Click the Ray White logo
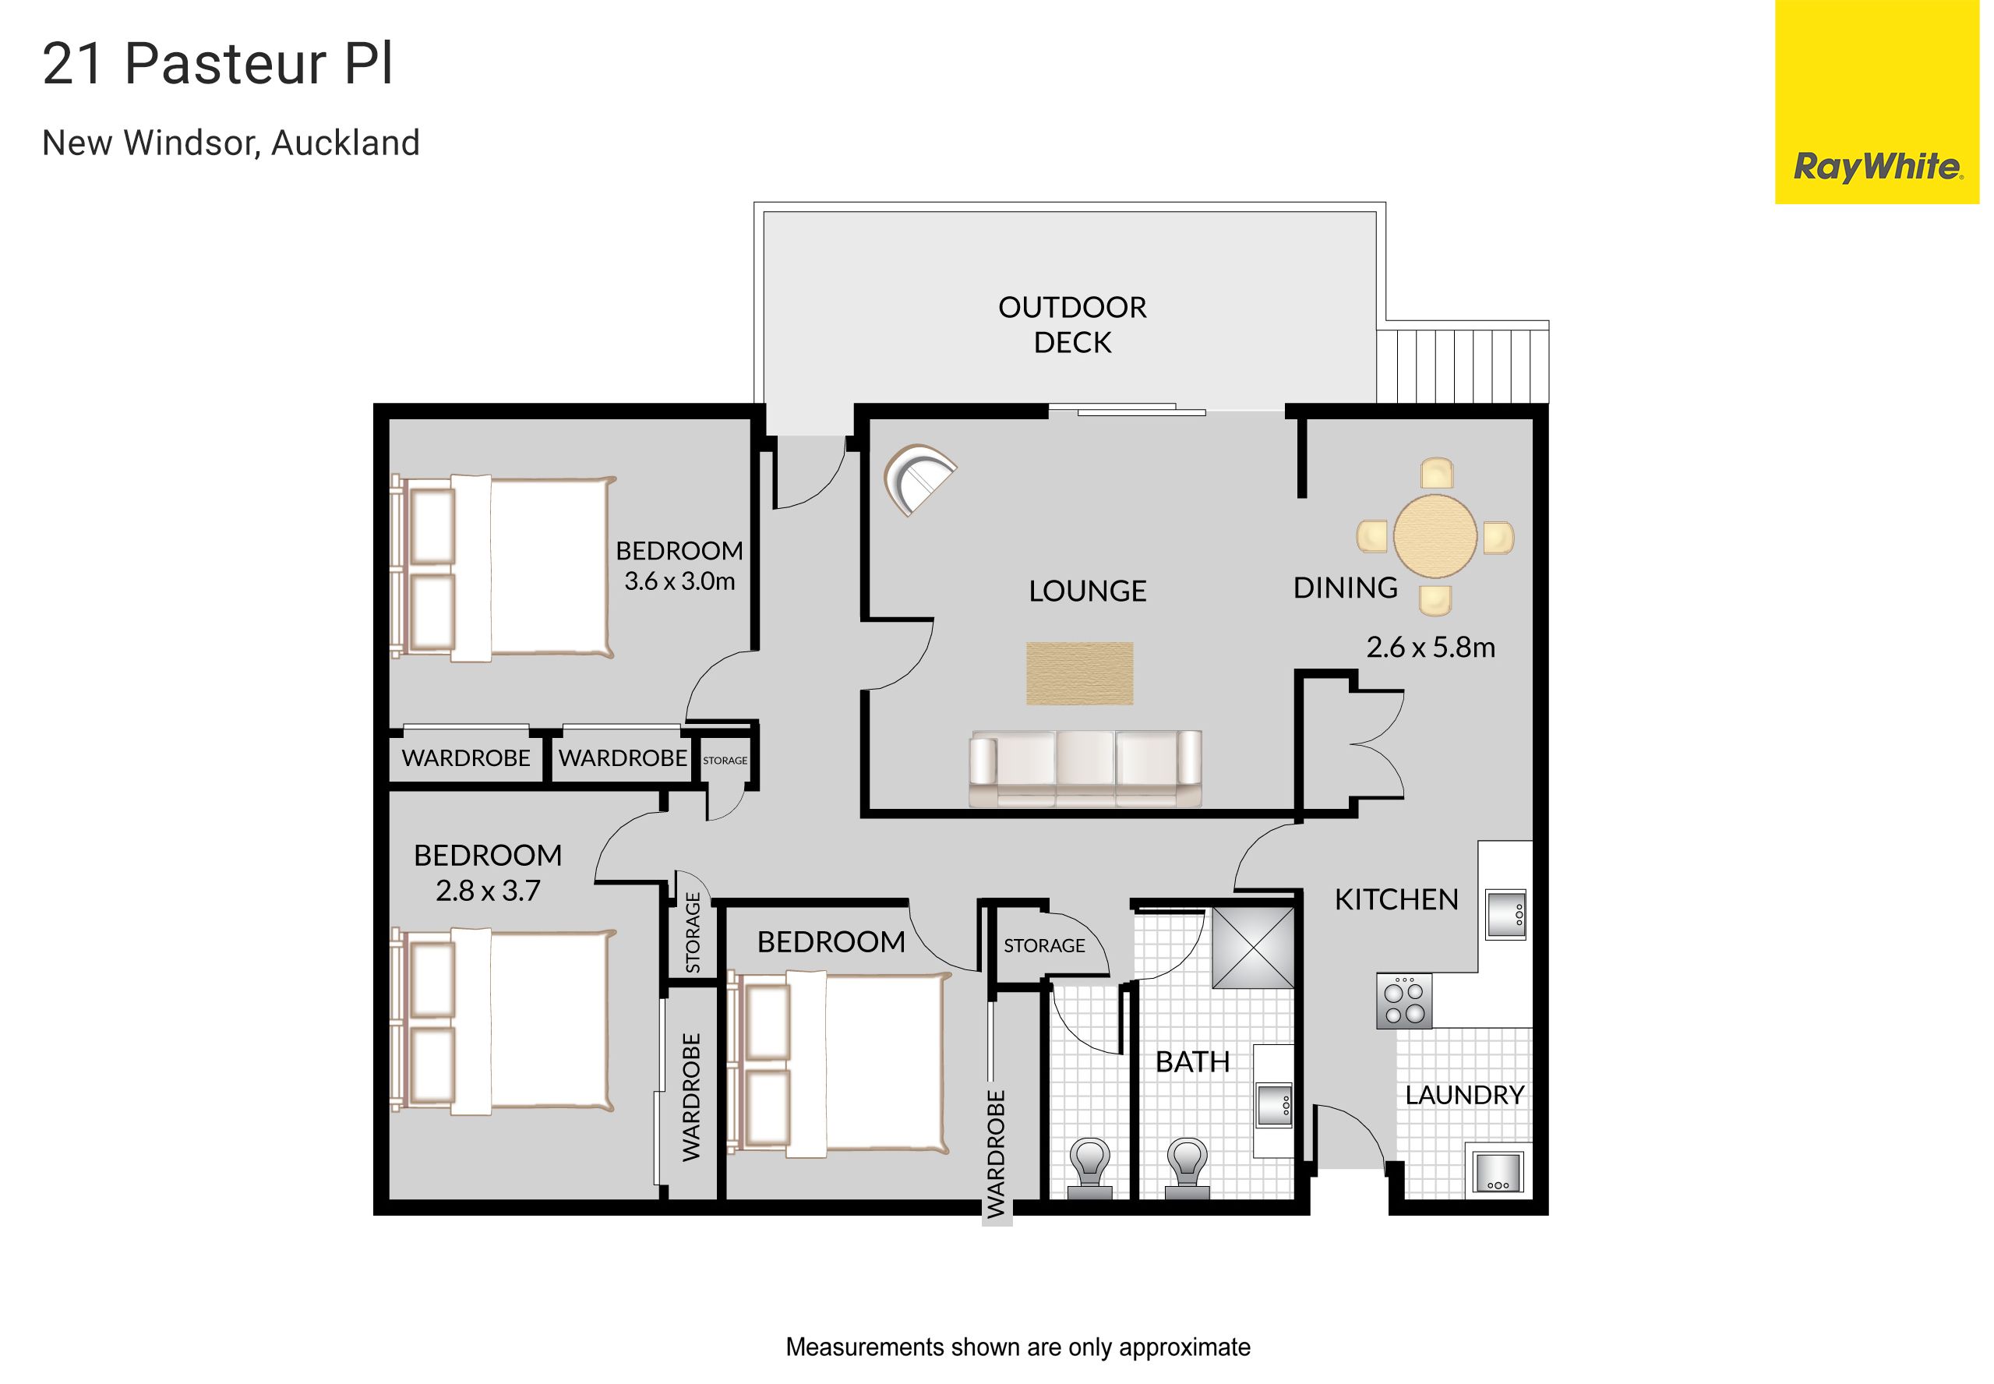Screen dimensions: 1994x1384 pos(1876,101)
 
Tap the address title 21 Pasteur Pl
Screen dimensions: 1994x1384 pos(217,63)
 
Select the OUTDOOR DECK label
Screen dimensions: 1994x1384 pos(1071,324)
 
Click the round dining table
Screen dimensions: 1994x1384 pos(1434,536)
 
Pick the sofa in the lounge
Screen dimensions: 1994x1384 pos(1085,768)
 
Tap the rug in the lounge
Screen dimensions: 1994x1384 pos(1079,673)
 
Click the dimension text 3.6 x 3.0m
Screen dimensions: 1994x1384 pos(679,581)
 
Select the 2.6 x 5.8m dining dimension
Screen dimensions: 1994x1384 pos(1431,648)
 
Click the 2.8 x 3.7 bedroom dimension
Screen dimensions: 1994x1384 pos(488,891)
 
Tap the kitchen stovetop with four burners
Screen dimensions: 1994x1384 pos(1403,1001)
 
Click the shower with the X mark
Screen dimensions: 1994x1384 pos(1252,948)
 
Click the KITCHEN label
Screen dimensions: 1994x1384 pos(1396,900)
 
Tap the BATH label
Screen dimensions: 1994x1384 pos(1192,1061)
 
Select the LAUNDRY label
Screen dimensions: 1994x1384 pos(1464,1095)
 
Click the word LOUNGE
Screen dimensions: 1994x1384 pos(1087,591)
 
